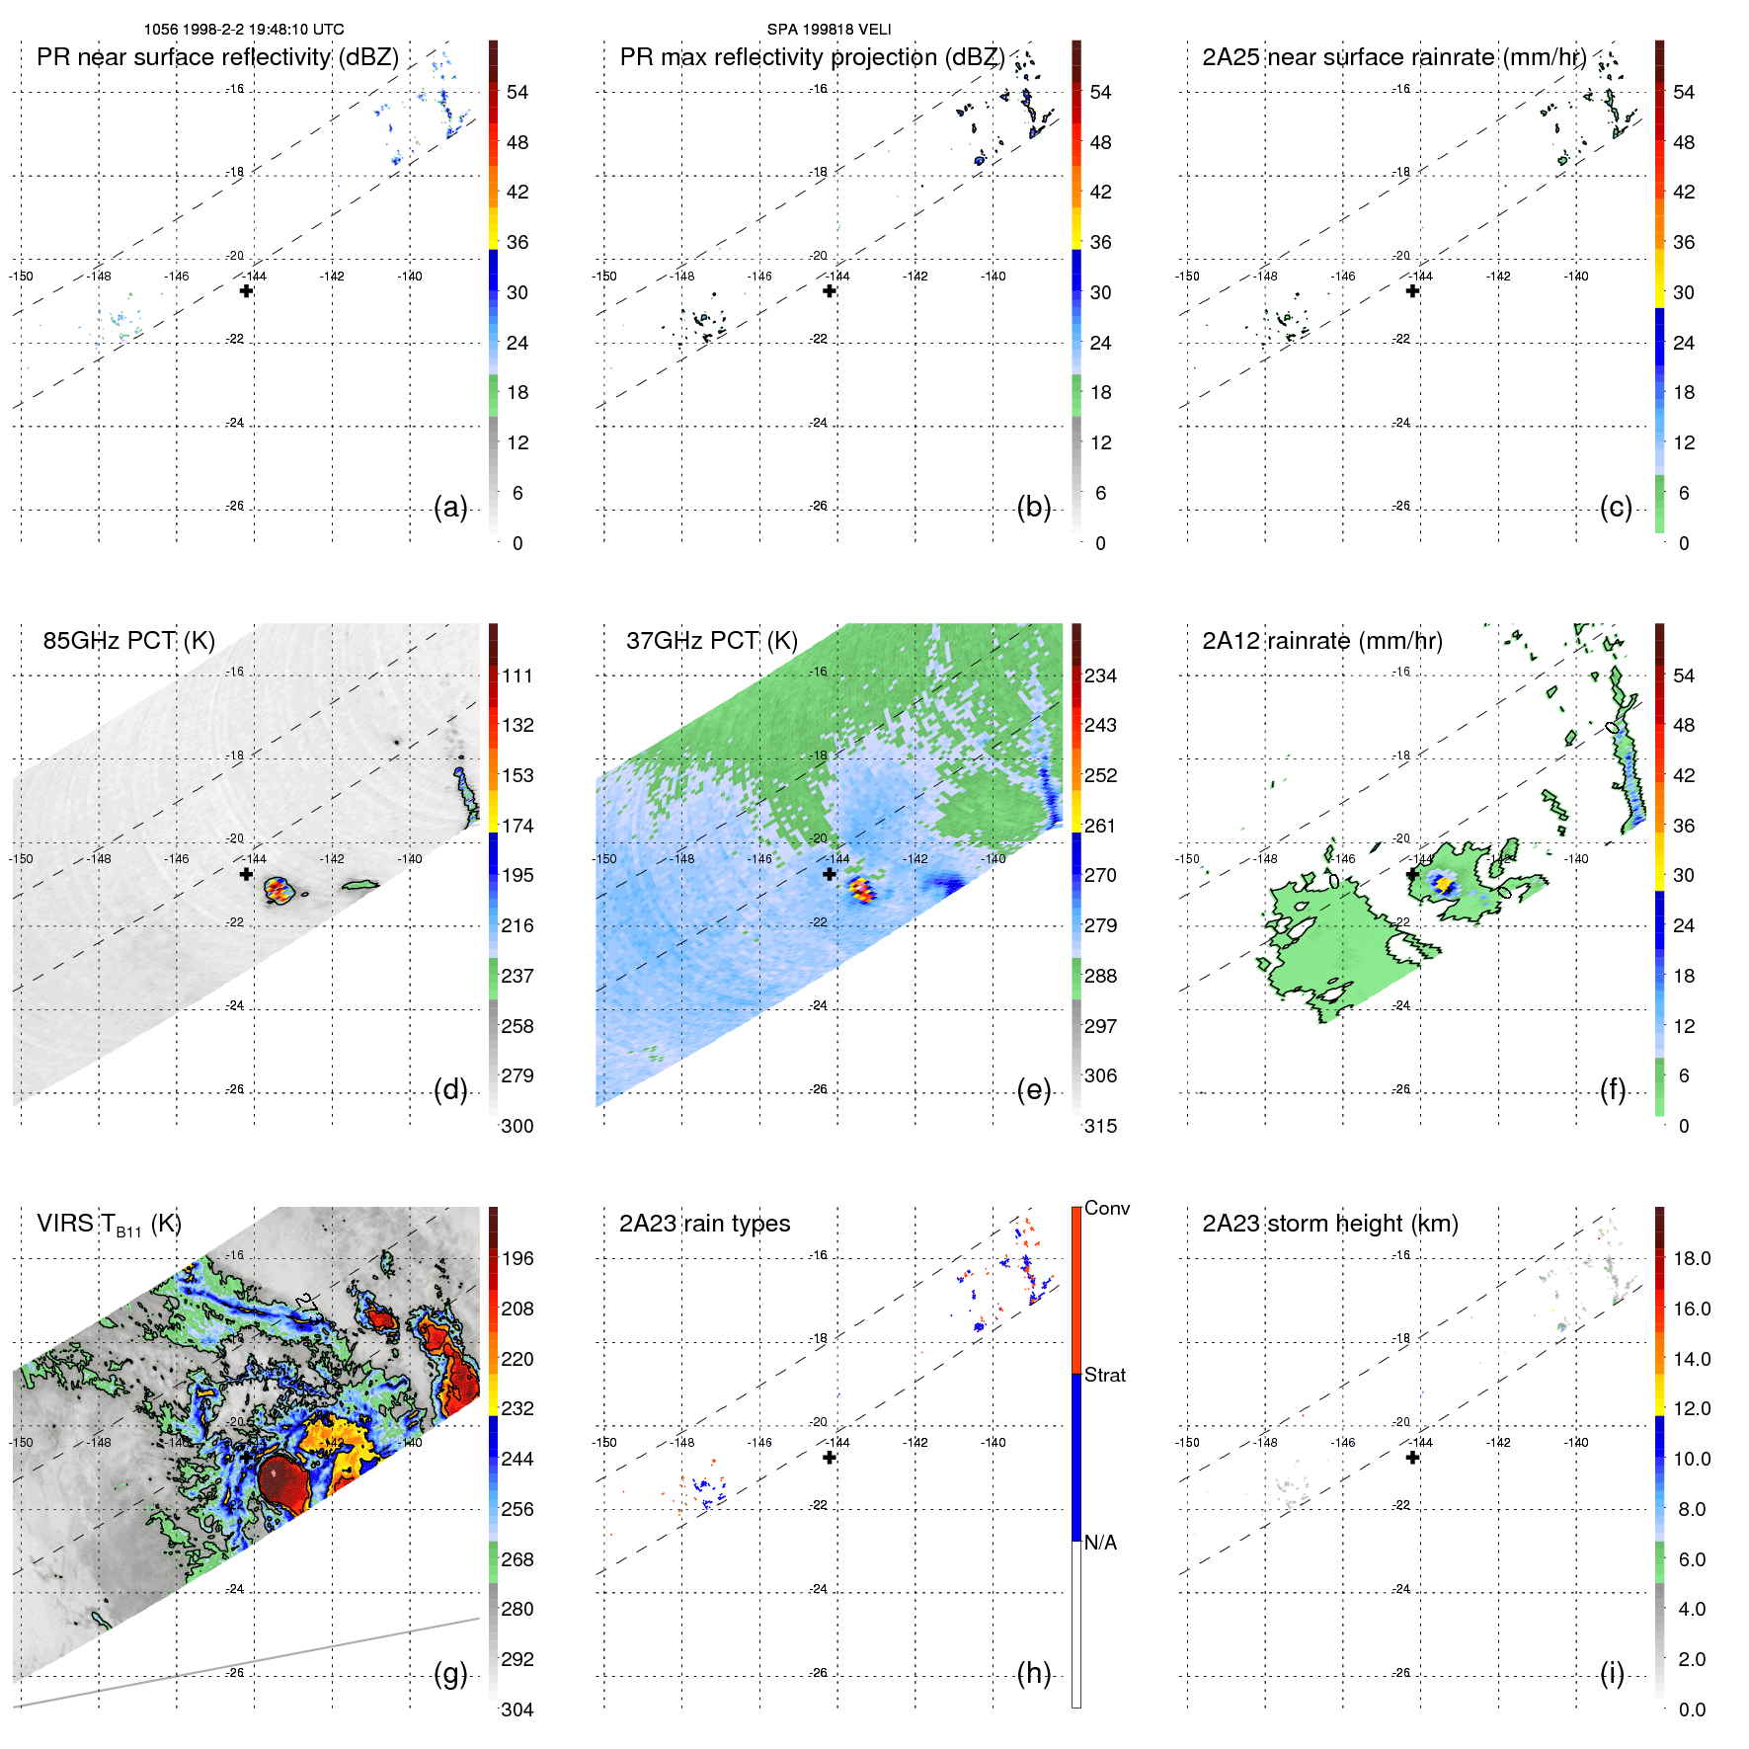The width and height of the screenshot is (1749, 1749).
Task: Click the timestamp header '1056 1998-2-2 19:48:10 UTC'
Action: click(244, 30)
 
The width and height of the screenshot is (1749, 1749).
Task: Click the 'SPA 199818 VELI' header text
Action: click(829, 30)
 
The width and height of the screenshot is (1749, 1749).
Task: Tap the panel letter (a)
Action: click(450, 508)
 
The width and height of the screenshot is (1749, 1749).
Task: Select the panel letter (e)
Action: click(1033, 1090)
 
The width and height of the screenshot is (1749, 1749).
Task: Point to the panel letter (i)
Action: click(1612, 1674)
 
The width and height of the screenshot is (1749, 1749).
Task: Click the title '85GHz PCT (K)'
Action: click(128, 641)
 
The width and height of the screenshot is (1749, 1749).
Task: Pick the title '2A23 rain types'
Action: click(704, 1224)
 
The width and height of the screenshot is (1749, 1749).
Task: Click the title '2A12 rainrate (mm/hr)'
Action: click(1321, 641)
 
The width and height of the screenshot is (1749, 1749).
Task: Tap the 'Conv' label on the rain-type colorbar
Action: click(1107, 1208)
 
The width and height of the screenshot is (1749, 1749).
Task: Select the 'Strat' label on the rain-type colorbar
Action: click(1105, 1375)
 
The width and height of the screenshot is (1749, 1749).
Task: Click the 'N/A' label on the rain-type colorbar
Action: click(1100, 1543)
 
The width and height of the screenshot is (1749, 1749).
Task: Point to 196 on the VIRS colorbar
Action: click(517, 1258)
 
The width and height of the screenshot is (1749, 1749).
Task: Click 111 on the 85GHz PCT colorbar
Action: click(517, 676)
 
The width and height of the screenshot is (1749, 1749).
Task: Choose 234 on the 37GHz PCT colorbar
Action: click(1100, 676)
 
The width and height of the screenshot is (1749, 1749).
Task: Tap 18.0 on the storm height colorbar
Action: click(1692, 1258)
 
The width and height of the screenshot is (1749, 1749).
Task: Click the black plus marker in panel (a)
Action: click(246, 290)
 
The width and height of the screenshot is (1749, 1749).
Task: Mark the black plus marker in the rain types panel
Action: click(830, 1457)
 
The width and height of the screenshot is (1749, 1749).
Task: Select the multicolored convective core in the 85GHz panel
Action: click(278, 890)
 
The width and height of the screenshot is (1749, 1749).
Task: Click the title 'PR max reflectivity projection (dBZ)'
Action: click(812, 57)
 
